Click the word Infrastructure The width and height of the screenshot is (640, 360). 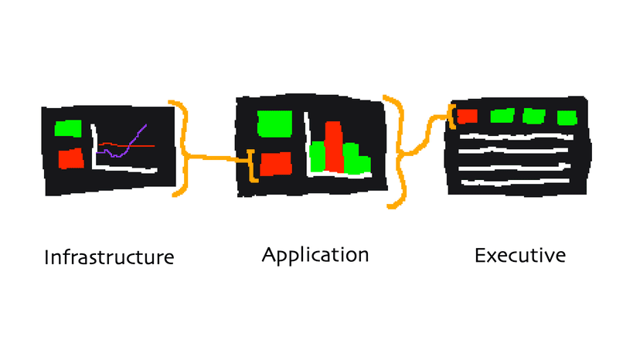point(108,256)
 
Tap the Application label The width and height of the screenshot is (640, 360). point(315,254)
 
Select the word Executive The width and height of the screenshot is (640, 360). point(519,255)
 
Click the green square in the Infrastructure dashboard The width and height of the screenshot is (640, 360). point(68,127)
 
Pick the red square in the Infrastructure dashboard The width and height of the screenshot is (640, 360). point(70,158)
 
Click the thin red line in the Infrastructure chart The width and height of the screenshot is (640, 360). point(147,144)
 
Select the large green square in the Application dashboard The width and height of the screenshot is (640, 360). point(274,123)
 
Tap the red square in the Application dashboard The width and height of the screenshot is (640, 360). point(276,164)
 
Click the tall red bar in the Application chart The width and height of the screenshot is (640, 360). point(334,147)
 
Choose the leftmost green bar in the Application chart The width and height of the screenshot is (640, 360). point(317,155)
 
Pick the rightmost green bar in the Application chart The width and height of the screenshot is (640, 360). point(362,164)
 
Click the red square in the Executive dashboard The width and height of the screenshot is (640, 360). point(466,117)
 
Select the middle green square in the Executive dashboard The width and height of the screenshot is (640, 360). point(534,117)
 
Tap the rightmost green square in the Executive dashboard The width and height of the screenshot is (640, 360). point(567,117)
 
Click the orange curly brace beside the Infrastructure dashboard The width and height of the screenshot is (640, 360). point(183,147)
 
